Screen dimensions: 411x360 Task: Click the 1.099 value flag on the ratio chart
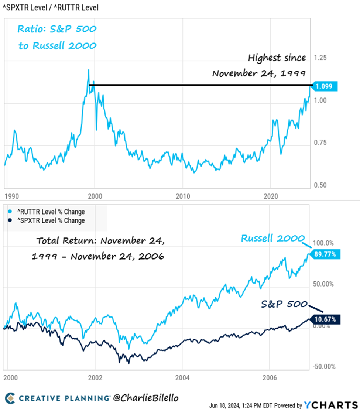[x=324, y=86]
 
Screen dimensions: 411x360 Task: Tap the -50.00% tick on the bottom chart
[x=323, y=366]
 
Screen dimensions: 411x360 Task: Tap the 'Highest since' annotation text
[x=277, y=58]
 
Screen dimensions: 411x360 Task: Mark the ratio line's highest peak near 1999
[x=88, y=70]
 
